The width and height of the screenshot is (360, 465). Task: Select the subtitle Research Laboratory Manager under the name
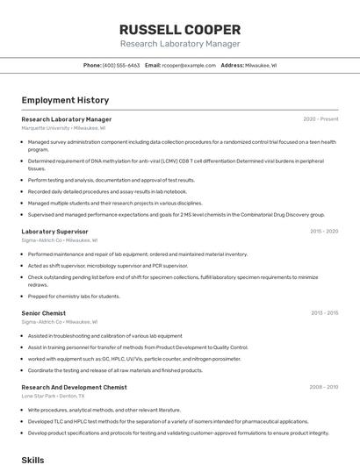pyautogui.click(x=179, y=44)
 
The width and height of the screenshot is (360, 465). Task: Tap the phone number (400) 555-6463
pyautogui.click(x=121, y=65)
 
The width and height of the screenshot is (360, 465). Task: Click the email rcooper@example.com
pyautogui.click(x=186, y=65)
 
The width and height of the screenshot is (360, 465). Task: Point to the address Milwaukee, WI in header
pyautogui.click(x=260, y=65)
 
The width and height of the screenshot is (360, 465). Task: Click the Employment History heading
pyautogui.click(x=65, y=100)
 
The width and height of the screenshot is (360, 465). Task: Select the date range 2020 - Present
pyautogui.click(x=320, y=119)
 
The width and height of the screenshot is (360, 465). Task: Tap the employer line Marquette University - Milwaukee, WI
pyautogui.click(x=63, y=128)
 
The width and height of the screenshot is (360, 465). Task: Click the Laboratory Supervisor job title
pyautogui.click(x=54, y=232)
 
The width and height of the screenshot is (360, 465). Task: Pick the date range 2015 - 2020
pyautogui.click(x=324, y=232)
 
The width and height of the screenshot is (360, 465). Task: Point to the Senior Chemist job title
pyautogui.click(x=44, y=312)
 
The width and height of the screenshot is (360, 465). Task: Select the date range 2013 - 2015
pyautogui.click(x=324, y=312)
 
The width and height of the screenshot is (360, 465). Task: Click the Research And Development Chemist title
pyautogui.click(x=74, y=387)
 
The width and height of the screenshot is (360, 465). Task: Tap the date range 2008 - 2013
pyautogui.click(x=323, y=387)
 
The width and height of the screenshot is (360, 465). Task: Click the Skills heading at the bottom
pyautogui.click(x=32, y=459)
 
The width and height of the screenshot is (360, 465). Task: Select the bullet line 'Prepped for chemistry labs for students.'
pyautogui.click(x=74, y=297)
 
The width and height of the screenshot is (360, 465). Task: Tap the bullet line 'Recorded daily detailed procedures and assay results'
pyautogui.click(x=107, y=191)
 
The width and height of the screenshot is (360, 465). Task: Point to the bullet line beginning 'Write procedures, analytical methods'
pyautogui.click(x=104, y=410)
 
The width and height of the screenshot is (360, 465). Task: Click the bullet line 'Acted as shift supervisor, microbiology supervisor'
pyautogui.click(x=107, y=266)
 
